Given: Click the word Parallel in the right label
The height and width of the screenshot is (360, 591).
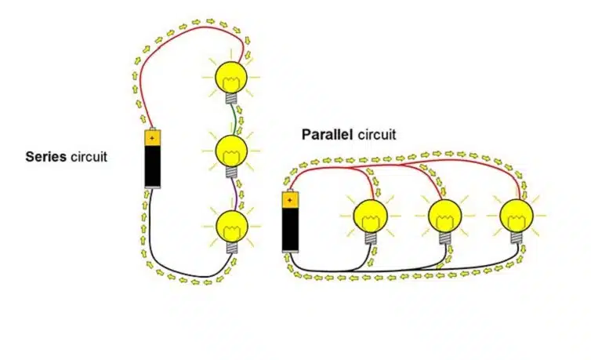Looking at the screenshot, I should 328,134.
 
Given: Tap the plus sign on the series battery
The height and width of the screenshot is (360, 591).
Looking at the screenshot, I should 153,137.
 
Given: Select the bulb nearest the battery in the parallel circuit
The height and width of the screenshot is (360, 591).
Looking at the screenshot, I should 369,215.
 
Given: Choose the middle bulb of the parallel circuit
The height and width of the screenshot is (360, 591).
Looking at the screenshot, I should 444,215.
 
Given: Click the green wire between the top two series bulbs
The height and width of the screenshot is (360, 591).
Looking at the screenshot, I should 233,118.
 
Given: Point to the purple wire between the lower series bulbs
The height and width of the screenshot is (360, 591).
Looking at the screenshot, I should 233,193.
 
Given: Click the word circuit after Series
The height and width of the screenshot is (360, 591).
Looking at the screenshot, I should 89,156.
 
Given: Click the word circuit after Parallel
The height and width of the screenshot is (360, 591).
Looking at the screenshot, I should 377,134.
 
